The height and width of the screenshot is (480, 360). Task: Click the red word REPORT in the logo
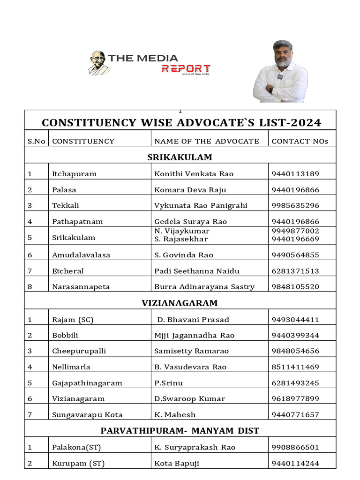coord(186,69)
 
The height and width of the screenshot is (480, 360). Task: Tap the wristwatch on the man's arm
coord(270,89)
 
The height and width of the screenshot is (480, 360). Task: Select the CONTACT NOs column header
coord(300,141)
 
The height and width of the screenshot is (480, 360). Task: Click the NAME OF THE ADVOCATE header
coord(206,141)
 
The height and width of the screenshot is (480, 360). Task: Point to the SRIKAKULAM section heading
coord(180,157)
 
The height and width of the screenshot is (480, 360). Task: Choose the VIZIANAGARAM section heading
coord(180,303)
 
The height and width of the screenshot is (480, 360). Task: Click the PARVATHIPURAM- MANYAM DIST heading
coord(180,430)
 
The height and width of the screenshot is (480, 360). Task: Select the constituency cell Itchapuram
coord(74,174)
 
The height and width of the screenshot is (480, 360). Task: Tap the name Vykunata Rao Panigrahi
coord(201,205)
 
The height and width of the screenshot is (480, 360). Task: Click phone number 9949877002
coord(295,231)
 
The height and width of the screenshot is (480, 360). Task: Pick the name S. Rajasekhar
coord(181,239)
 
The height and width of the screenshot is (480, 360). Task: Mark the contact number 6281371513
coord(295,271)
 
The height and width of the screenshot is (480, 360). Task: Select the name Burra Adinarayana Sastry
coord(204,287)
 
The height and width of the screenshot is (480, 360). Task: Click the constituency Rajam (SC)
coord(73,320)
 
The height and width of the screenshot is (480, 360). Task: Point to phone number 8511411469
coord(295,367)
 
